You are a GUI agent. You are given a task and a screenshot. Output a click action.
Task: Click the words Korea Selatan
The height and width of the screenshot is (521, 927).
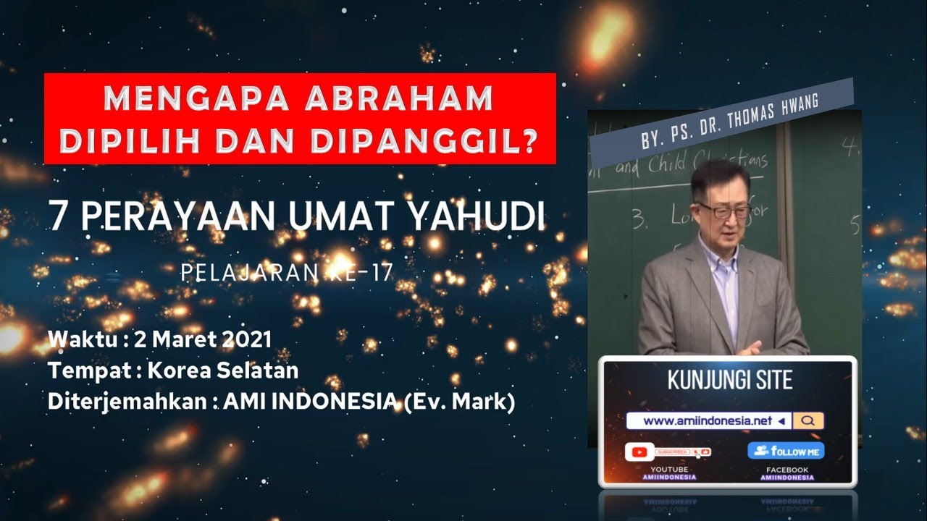(223, 370)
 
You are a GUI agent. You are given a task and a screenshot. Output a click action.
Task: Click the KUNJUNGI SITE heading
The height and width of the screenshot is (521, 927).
(729, 380)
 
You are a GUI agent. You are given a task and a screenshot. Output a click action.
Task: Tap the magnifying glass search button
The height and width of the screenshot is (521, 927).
(808, 420)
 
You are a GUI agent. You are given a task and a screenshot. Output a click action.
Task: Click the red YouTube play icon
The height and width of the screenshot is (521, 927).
(639, 452)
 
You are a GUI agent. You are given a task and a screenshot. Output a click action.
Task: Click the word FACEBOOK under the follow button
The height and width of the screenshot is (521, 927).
(787, 470)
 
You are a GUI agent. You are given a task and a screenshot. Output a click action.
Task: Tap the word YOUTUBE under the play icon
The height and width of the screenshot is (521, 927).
(670, 470)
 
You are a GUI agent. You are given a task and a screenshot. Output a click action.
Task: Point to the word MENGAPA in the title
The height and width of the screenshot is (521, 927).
(188, 98)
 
